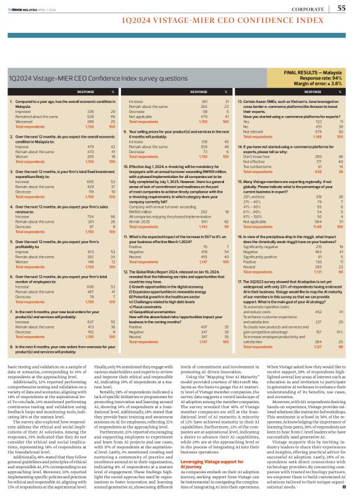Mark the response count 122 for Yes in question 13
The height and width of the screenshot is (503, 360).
tap(322, 122)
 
